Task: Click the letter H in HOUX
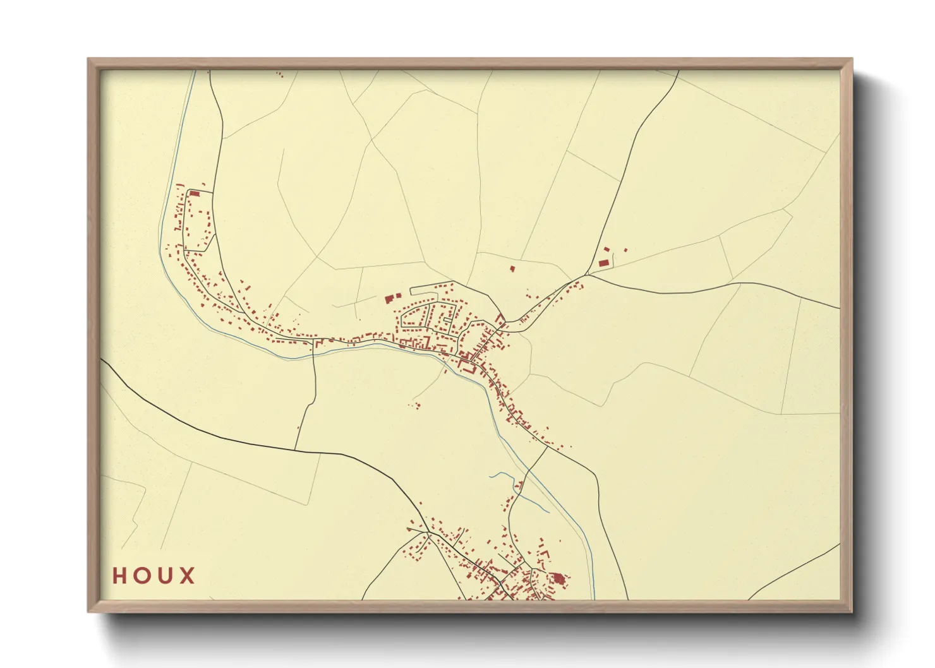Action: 119,576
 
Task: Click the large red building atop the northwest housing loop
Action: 195,193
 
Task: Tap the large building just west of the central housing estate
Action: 389,299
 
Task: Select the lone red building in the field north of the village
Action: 512,269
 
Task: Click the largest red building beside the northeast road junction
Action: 603,261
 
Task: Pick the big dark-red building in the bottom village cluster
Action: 558,578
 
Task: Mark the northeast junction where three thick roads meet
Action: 587,275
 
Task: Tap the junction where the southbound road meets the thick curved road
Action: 295,450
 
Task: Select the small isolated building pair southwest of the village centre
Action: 416,405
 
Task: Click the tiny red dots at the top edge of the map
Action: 280,75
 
